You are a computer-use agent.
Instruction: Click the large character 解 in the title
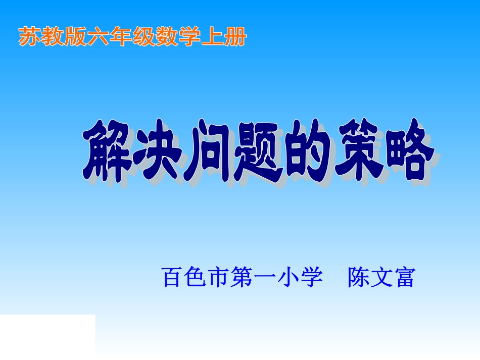coord(107,151)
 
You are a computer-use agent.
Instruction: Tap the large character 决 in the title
coord(157,151)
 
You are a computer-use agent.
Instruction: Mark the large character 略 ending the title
coord(407,151)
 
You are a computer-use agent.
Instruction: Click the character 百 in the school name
coord(172,278)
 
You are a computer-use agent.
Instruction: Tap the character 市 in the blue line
coord(218,278)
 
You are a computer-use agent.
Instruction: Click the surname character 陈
coord(358,278)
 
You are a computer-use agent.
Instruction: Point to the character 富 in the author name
coord(404,278)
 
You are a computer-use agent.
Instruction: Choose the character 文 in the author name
coord(381,278)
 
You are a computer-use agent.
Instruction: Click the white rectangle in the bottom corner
coord(47,336)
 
